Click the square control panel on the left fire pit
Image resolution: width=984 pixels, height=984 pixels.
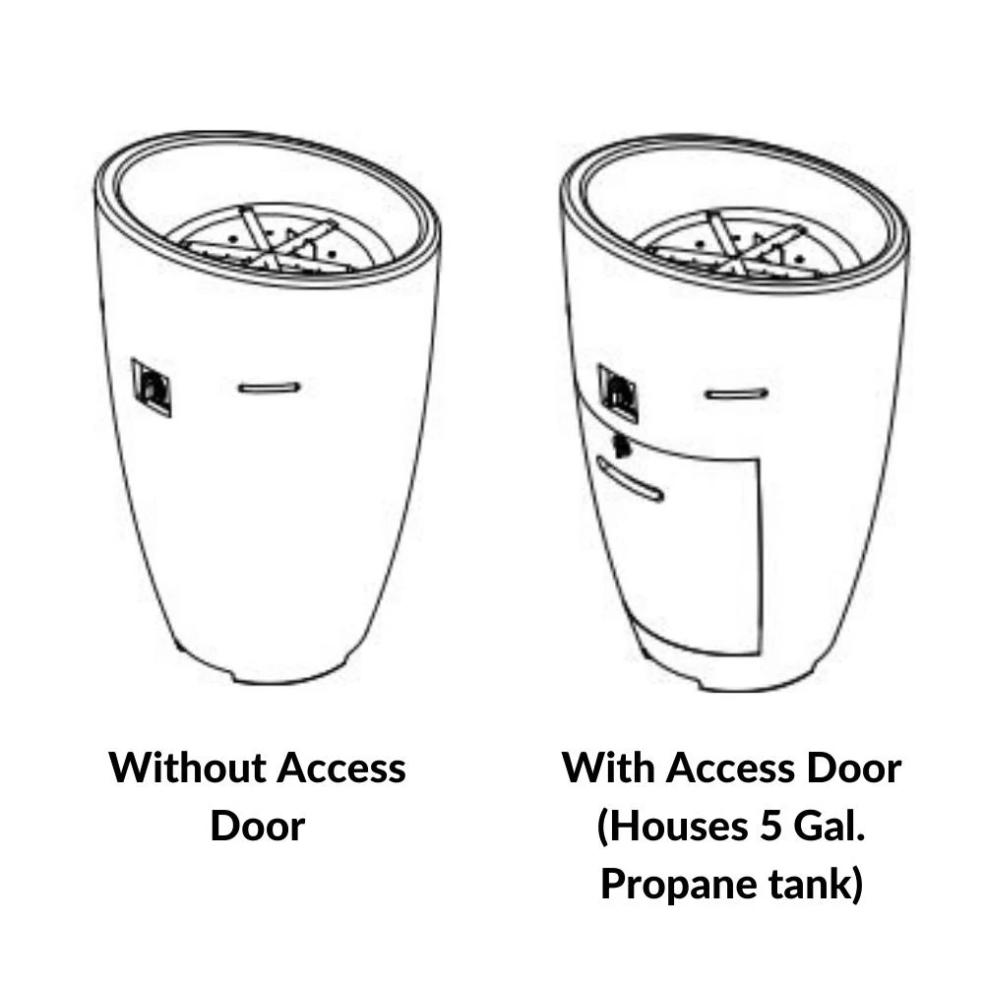152,387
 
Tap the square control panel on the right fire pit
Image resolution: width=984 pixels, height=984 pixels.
619,394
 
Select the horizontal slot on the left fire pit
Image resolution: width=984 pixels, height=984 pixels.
270,388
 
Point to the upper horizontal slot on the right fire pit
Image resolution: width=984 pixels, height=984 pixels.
737,395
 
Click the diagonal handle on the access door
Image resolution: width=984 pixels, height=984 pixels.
630,479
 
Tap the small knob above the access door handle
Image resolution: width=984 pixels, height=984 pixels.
622,446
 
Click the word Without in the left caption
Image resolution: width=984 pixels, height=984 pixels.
187,768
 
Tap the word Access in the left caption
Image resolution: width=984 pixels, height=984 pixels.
341,769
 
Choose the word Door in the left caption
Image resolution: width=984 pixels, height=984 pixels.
257,826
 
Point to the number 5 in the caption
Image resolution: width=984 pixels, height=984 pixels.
770,826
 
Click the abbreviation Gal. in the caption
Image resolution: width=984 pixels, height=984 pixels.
830,826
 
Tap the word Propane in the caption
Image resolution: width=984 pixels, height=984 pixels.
679,886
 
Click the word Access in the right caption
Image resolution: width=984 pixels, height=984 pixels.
730,769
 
